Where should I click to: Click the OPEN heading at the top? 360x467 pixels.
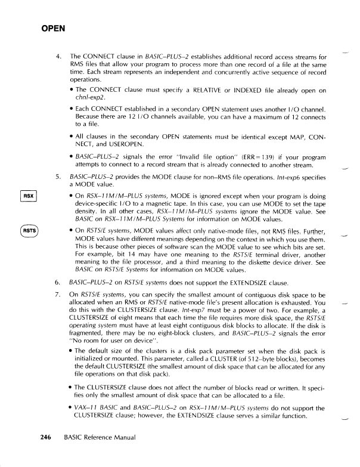(x=52, y=28)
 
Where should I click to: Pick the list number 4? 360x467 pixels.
(x=57, y=56)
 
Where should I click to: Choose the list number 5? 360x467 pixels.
(x=57, y=177)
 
